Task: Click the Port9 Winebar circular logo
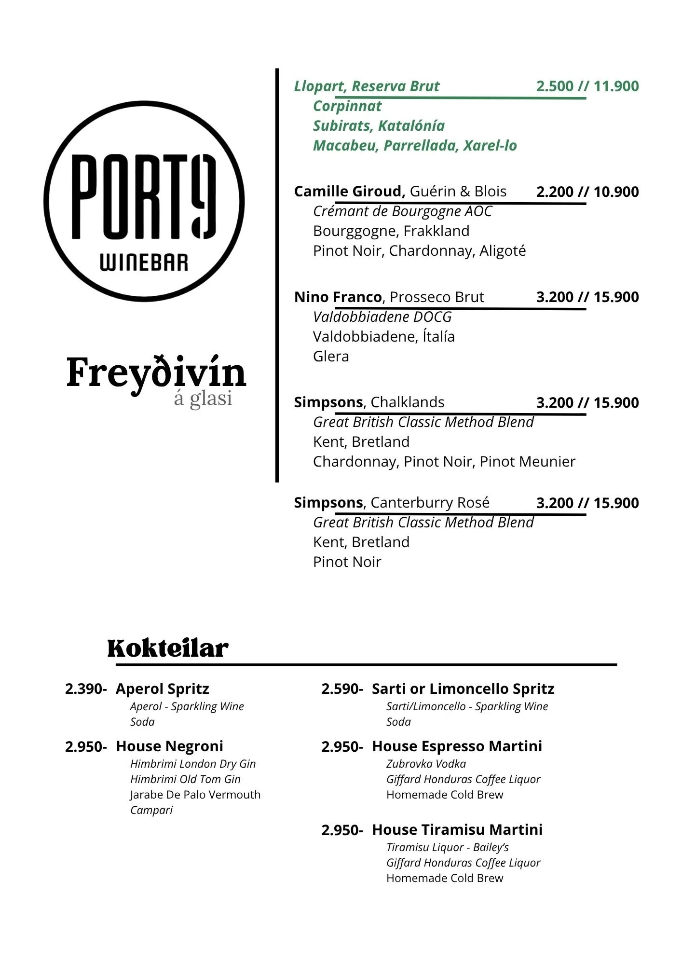point(144,201)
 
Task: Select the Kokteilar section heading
point(167,648)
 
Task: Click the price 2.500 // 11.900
point(587,86)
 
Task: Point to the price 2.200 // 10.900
point(587,192)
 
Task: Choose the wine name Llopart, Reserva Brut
point(367,86)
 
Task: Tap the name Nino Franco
point(338,297)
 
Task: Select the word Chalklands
point(408,402)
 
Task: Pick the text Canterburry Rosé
point(430,502)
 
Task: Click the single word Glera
point(331,356)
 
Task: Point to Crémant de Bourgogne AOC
point(402,211)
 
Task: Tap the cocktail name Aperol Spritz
point(163,689)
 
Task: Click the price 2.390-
point(86,689)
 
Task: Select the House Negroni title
point(169,746)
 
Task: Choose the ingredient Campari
point(151,810)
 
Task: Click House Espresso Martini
point(457,746)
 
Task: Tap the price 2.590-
point(342,689)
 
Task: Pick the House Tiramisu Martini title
point(457,829)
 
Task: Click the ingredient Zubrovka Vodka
point(426,764)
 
